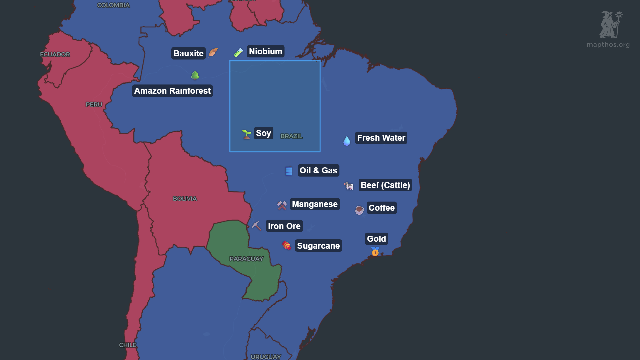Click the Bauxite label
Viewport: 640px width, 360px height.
coord(188,53)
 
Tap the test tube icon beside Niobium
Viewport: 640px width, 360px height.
coord(238,52)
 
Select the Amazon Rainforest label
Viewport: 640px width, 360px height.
coord(172,91)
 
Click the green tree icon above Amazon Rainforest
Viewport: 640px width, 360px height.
coord(195,76)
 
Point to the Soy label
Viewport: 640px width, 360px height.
coord(263,133)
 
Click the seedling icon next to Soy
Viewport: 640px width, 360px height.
coord(246,134)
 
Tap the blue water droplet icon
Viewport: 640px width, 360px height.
coord(347,141)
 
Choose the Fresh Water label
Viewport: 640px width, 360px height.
coord(381,138)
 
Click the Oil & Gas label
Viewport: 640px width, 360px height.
coord(318,170)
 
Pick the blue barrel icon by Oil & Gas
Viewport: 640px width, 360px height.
coord(289,171)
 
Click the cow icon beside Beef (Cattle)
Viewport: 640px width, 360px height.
coord(349,186)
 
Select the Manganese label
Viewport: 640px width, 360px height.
coord(315,204)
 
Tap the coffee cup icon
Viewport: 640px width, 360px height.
coord(359,210)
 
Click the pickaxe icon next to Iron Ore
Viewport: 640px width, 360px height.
coord(256,226)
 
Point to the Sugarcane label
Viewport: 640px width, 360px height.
coord(318,246)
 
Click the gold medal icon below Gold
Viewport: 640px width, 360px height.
coord(375,252)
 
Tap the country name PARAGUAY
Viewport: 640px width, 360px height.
coord(246,259)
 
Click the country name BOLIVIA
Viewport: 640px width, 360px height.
coord(185,199)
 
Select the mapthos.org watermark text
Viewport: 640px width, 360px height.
coord(608,45)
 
